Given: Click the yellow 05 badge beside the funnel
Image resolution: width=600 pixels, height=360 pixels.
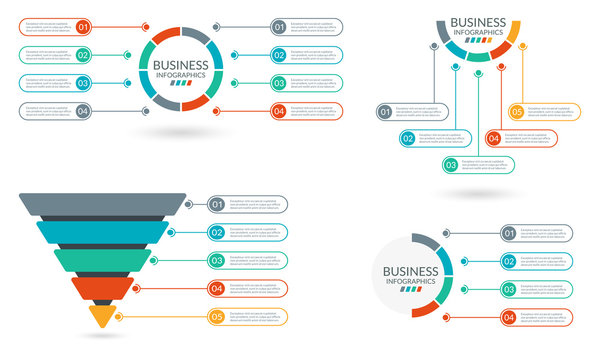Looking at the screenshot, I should tap(216, 318).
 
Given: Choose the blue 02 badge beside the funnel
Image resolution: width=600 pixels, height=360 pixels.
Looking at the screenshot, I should tap(216, 233).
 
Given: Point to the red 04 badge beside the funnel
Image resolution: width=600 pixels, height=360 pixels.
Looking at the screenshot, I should tap(216, 290).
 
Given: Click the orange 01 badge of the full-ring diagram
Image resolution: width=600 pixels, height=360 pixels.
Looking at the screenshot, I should tap(83, 27).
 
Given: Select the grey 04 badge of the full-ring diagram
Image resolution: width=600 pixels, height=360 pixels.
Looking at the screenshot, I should tap(83, 111).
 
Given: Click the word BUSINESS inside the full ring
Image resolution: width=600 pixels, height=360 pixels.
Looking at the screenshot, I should tap(180, 65).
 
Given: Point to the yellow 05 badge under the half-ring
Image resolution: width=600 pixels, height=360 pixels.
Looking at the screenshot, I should tap(517, 112).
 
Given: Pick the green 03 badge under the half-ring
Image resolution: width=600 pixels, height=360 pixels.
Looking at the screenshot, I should tap(451, 165).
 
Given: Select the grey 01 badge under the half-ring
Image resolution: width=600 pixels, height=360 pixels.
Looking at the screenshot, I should tap(385, 112).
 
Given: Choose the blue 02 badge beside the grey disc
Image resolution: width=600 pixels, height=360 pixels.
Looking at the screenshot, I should tap(509, 262).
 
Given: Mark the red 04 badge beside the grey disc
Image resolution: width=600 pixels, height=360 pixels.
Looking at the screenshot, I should tap(509, 317).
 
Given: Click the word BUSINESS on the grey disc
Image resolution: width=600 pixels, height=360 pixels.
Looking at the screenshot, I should tap(410, 270).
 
